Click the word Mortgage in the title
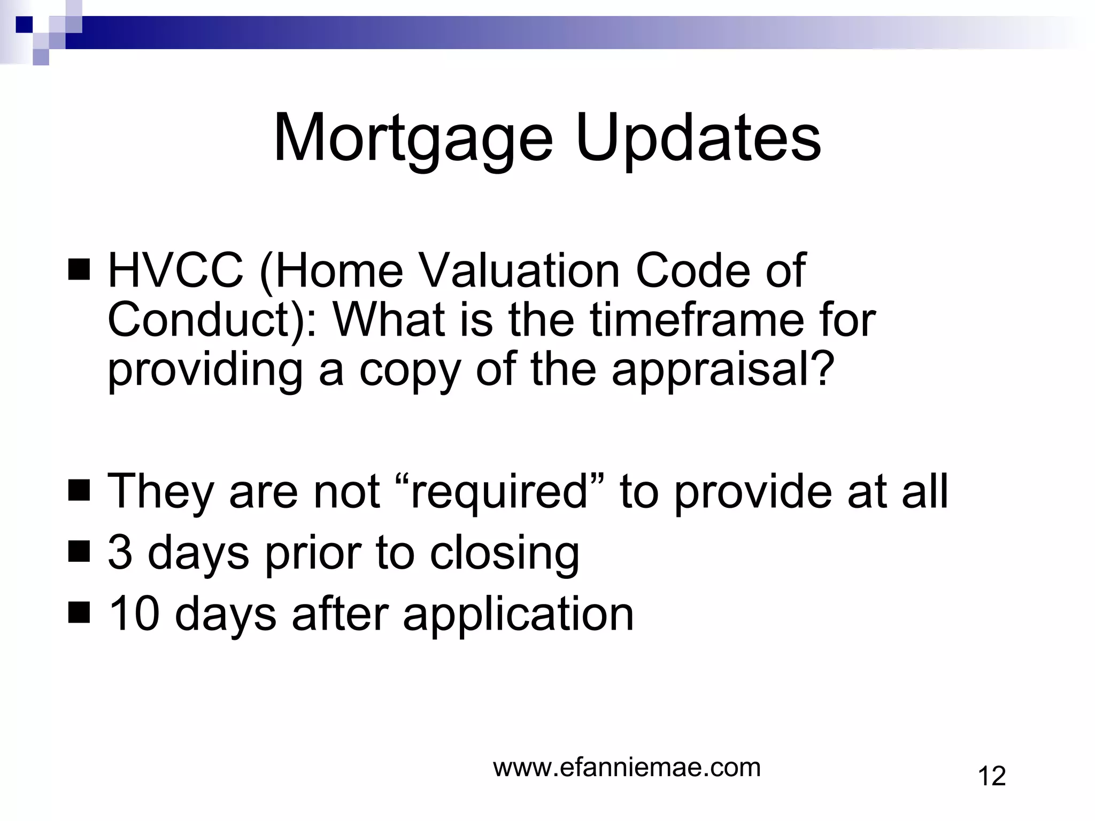[x=412, y=139]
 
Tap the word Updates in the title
[x=698, y=139]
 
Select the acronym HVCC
[x=175, y=270]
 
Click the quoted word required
[x=499, y=491]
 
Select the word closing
[x=505, y=554]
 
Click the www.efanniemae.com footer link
[x=627, y=768]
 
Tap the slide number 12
[x=991, y=776]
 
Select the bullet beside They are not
[x=79, y=491]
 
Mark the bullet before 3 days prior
[x=79, y=553]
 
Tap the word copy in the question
[x=409, y=371]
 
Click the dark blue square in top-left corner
[x=24, y=24]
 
